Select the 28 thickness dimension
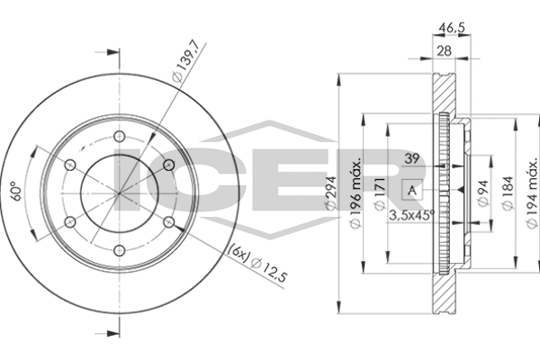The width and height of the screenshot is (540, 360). [442, 52]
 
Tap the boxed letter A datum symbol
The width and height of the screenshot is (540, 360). [411, 191]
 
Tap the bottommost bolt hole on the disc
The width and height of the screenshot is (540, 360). [118, 250]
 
